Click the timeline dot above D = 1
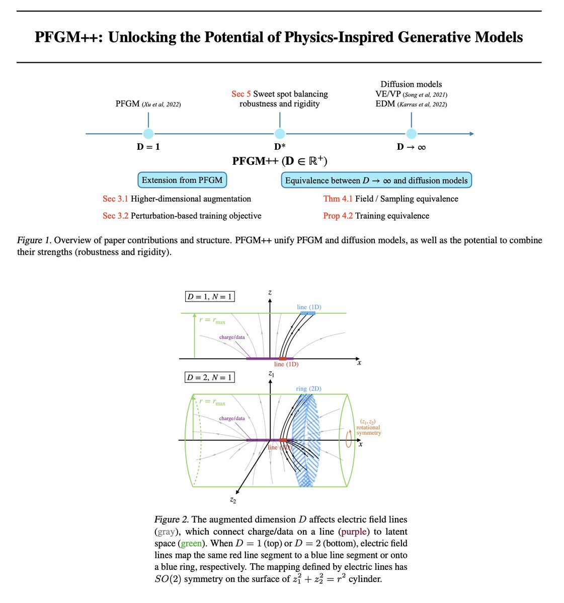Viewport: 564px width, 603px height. (x=148, y=134)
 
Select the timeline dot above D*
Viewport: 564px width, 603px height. (x=280, y=134)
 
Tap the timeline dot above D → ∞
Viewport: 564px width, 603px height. (x=412, y=134)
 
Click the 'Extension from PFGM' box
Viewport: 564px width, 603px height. (x=182, y=180)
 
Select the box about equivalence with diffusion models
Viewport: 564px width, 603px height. (x=376, y=180)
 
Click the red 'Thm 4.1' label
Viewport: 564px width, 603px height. (x=338, y=198)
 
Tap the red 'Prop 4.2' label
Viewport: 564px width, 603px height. (x=338, y=216)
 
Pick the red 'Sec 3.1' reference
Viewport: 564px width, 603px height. (x=115, y=198)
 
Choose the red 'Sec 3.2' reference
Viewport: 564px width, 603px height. (x=115, y=216)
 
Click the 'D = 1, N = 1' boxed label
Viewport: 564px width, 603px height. (x=209, y=296)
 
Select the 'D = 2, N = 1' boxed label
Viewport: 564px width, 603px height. (x=209, y=377)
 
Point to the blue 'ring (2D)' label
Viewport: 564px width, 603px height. (x=308, y=388)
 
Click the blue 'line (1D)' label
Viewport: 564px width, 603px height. (x=309, y=307)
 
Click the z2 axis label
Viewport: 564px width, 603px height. (x=232, y=500)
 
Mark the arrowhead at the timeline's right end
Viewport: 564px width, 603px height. (x=471, y=134)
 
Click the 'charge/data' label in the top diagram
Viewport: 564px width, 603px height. (x=232, y=337)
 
